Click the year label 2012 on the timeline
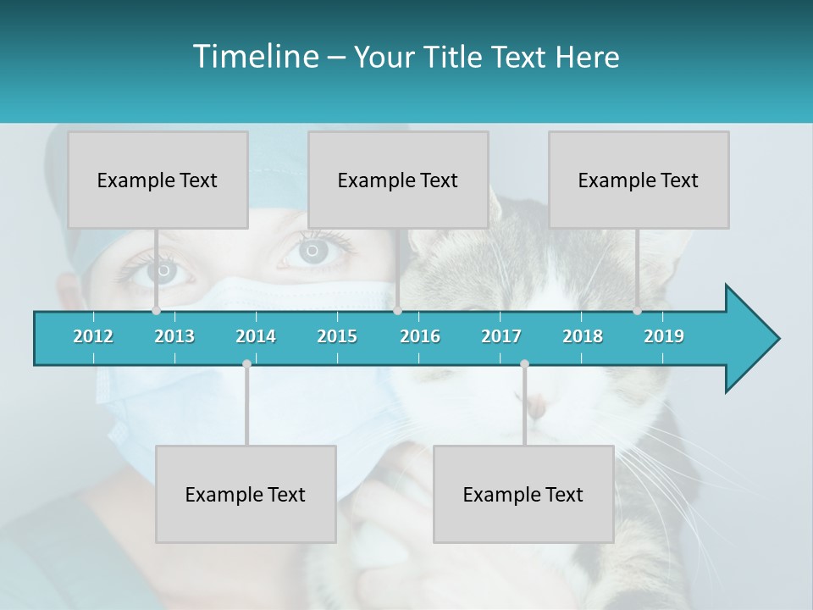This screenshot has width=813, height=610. [x=93, y=336]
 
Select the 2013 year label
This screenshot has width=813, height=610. [x=174, y=336]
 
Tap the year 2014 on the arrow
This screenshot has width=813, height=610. [x=256, y=336]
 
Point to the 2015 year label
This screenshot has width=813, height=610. [x=337, y=336]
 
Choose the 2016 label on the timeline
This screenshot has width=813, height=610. [x=420, y=336]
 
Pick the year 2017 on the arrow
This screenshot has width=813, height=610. [x=501, y=336]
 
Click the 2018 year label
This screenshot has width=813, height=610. [x=583, y=336]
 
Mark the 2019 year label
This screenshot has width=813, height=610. [x=664, y=336]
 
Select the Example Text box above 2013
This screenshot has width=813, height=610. [x=158, y=180]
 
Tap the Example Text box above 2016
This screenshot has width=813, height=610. [x=398, y=180]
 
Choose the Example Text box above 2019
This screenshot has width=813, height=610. [x=639, y=180]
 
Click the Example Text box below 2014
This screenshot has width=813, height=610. [x=246, y=494]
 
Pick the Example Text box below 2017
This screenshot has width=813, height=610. [x=523, y=494]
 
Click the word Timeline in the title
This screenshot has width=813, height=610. [x=254, y=57]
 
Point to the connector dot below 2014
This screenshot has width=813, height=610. [x=246, y=363]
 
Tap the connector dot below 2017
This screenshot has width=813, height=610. [x=524, y=363]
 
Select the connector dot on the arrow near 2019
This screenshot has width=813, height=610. [x=638, y=311]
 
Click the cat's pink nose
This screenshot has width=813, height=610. [x=537, y=408]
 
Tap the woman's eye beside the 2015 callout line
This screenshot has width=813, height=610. [x=313, y=250]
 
